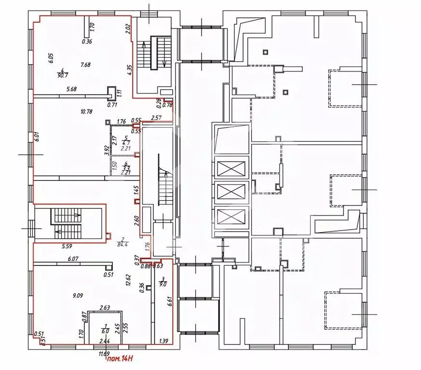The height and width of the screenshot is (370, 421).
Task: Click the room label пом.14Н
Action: coord(120,359)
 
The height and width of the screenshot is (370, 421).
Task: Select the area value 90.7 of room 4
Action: coord(62,75)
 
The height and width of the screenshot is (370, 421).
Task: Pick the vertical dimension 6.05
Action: coord(50,59)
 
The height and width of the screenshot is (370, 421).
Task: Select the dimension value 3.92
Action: coord(106,150)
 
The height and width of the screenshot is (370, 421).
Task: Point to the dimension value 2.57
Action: coord(156,118)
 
